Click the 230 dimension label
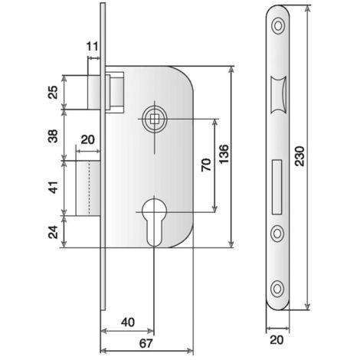299,156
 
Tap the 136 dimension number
224,154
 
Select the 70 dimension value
206,165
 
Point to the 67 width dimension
146,343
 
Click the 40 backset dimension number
128,322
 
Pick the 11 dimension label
93,47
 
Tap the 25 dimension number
54,93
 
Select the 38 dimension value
54,136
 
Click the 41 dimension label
54,188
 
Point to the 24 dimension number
54,232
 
